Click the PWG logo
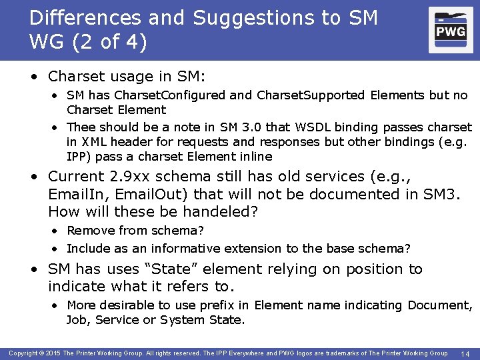coord(451,30)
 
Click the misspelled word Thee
coord(81,127)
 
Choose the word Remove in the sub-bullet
coord(88,231)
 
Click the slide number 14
coord(465,353)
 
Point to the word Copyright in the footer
coord(23,353)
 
